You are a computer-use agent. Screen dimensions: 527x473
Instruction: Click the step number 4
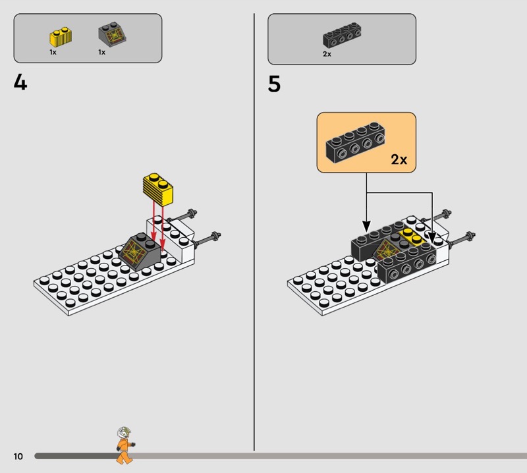[x=20, y=83]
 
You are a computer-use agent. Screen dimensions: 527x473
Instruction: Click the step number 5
[x=274, y=84]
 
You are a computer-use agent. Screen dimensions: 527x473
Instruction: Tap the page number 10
[x=18, y=456]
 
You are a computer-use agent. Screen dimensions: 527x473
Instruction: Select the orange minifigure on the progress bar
[x=125, y=445]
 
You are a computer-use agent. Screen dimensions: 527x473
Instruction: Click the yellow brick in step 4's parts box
[x=61, y=37]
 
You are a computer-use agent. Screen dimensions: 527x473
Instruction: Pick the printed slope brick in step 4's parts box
[x=112, y=35]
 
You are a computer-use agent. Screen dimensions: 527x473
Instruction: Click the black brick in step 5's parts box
[x=342, y=35]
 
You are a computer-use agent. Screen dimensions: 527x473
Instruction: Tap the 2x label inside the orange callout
[x=399, y=159]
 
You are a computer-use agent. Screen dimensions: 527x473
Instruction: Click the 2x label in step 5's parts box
[x=327, y=54]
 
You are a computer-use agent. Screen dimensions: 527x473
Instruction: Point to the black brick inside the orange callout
[x=355, y=142]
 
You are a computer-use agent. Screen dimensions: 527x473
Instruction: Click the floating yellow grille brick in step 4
[x=158, y=190]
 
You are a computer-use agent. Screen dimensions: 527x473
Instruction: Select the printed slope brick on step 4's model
[x=140, y=252]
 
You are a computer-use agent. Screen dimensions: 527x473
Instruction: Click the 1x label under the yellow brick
[x=53, y=52]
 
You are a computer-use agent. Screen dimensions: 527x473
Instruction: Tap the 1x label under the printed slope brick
[x=102, y=52]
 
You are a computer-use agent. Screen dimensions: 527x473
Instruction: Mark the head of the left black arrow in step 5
[x=366, y=225]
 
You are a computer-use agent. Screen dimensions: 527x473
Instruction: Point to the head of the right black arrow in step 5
[x=432, y=237]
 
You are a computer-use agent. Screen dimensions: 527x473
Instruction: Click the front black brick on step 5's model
[x=407, y=263]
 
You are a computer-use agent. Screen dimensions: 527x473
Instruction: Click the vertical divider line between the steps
[x=254, y=232]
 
